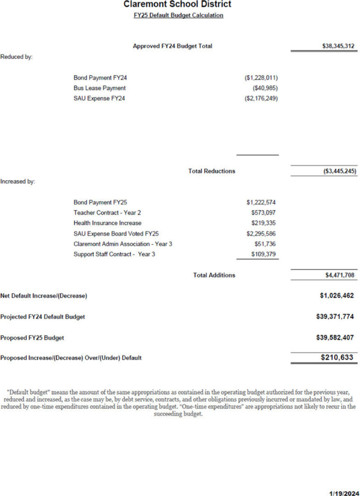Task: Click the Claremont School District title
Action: [177, 5]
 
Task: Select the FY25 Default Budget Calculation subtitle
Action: [178, 16]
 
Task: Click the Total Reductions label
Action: [211, 171]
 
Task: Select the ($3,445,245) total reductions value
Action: [337, 171]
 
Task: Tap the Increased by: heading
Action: [18, 181]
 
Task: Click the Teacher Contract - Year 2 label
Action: [107, 213]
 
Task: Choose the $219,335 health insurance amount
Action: [265, 223]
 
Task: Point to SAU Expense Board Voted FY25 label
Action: [116, 234]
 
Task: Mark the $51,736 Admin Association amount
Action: [266, 244]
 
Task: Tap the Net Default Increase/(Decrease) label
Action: [44, 296]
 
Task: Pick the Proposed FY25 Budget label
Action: [32, 338]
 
